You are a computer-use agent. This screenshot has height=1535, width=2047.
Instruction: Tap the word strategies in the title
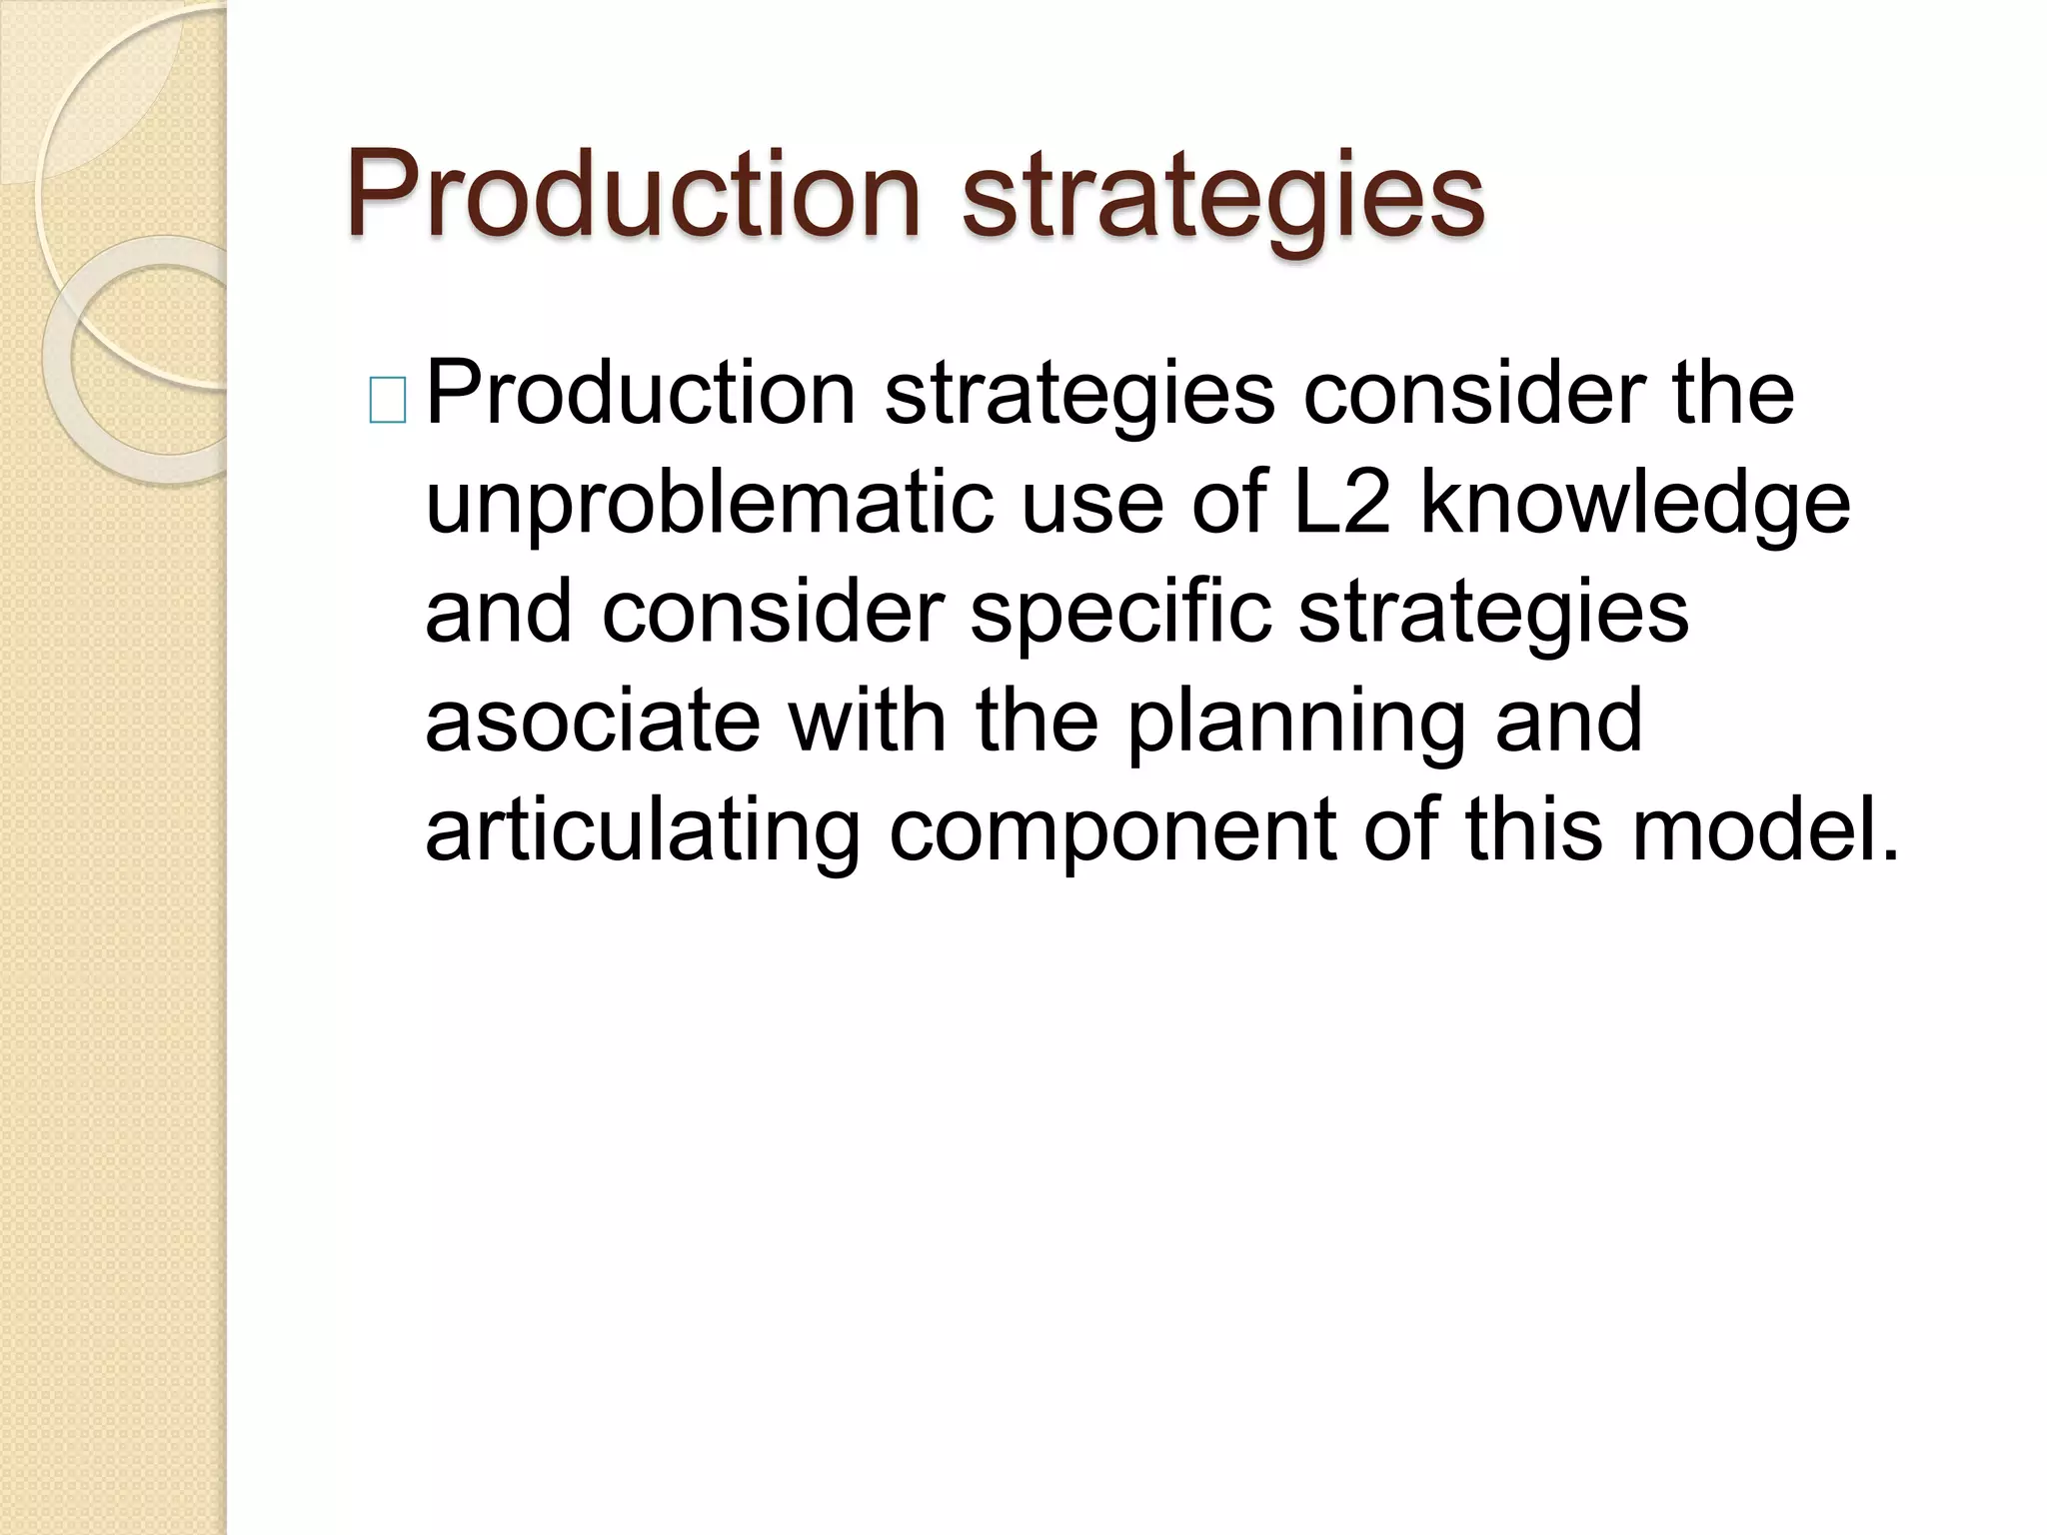point(1222,198)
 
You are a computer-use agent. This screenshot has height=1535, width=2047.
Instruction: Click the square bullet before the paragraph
point(388,401)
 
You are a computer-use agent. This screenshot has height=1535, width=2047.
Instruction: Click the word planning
point(1297,724)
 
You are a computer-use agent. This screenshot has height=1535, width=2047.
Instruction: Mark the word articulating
point(643,830)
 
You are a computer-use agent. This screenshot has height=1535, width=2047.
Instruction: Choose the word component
point(1112,832)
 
